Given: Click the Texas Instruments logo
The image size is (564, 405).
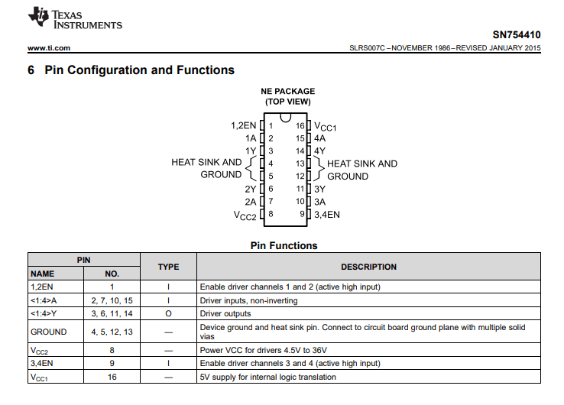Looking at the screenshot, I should pos(75,19).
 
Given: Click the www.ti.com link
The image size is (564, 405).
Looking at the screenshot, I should pos(49,48).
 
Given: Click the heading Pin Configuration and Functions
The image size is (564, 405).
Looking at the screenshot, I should pos(139,70).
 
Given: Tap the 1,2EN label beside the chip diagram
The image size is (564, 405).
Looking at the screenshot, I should pos(243,125).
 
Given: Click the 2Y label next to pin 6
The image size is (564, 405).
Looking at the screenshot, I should pos(250,189).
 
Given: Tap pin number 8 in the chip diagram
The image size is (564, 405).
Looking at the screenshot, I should pos(271,214).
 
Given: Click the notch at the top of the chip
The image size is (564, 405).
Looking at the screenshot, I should pos(285,118).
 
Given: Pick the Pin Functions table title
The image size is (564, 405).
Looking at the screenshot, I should pos(284,246).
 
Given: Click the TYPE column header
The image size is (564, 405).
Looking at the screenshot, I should pos(168,267).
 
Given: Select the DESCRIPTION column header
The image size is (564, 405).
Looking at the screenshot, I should pos(368,267).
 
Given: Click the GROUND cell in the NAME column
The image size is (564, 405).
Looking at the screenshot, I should pos(48,332).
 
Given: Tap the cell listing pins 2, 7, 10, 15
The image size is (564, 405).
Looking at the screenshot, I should pos(112,300).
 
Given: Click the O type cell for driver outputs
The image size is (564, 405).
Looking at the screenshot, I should pos(168,313).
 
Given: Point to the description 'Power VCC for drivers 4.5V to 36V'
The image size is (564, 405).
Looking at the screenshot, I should pos(270,349).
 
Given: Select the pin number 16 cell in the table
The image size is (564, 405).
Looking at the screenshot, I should pos(112,377).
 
